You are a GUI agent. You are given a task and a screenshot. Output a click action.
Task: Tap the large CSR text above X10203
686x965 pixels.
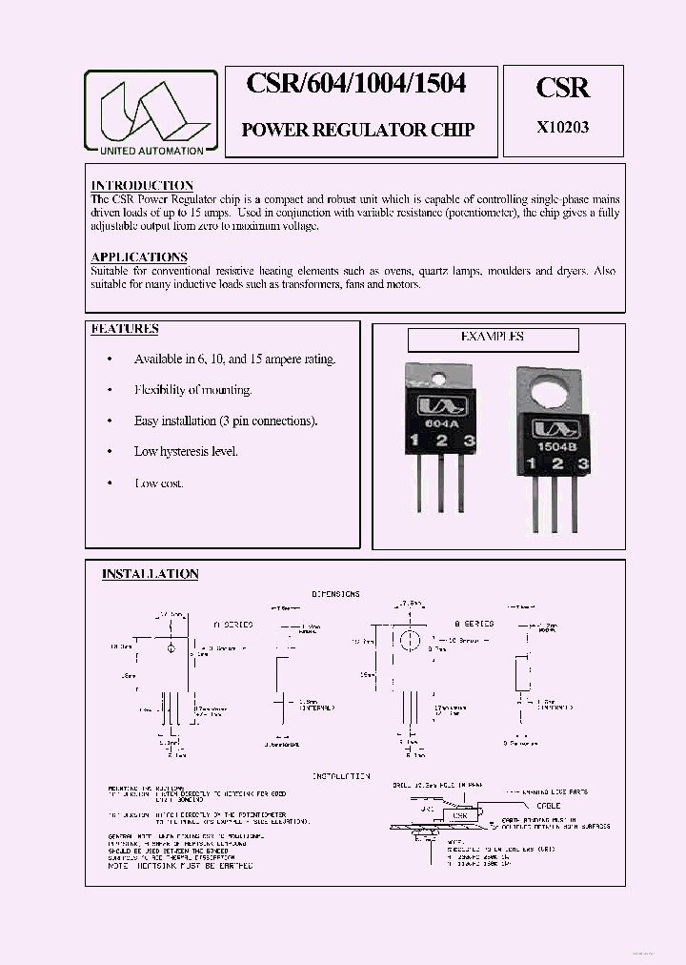tap(563, 88)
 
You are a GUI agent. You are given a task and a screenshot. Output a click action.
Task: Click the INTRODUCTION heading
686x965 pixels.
tap(142, 185)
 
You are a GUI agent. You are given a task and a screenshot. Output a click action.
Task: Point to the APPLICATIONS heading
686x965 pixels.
tap(139, 257)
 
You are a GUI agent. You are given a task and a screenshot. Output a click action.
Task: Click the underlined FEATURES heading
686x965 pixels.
tap(125, 329)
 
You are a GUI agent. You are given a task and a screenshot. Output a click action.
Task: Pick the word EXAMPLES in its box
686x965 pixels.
tap(492, 337)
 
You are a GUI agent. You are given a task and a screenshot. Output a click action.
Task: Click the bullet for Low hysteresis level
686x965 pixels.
tap(110, 452)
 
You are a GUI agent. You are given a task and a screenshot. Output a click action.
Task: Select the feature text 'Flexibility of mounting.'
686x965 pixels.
tap(192, 390)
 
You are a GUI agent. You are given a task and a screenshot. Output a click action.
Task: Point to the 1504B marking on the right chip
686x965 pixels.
tap(550, 445)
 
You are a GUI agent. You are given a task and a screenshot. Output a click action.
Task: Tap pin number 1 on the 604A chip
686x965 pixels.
tap(415, 441)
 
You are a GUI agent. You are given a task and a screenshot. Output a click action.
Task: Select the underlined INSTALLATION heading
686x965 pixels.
tap(151, 574)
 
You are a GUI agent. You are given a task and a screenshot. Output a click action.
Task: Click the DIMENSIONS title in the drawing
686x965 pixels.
tap(334, 594)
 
